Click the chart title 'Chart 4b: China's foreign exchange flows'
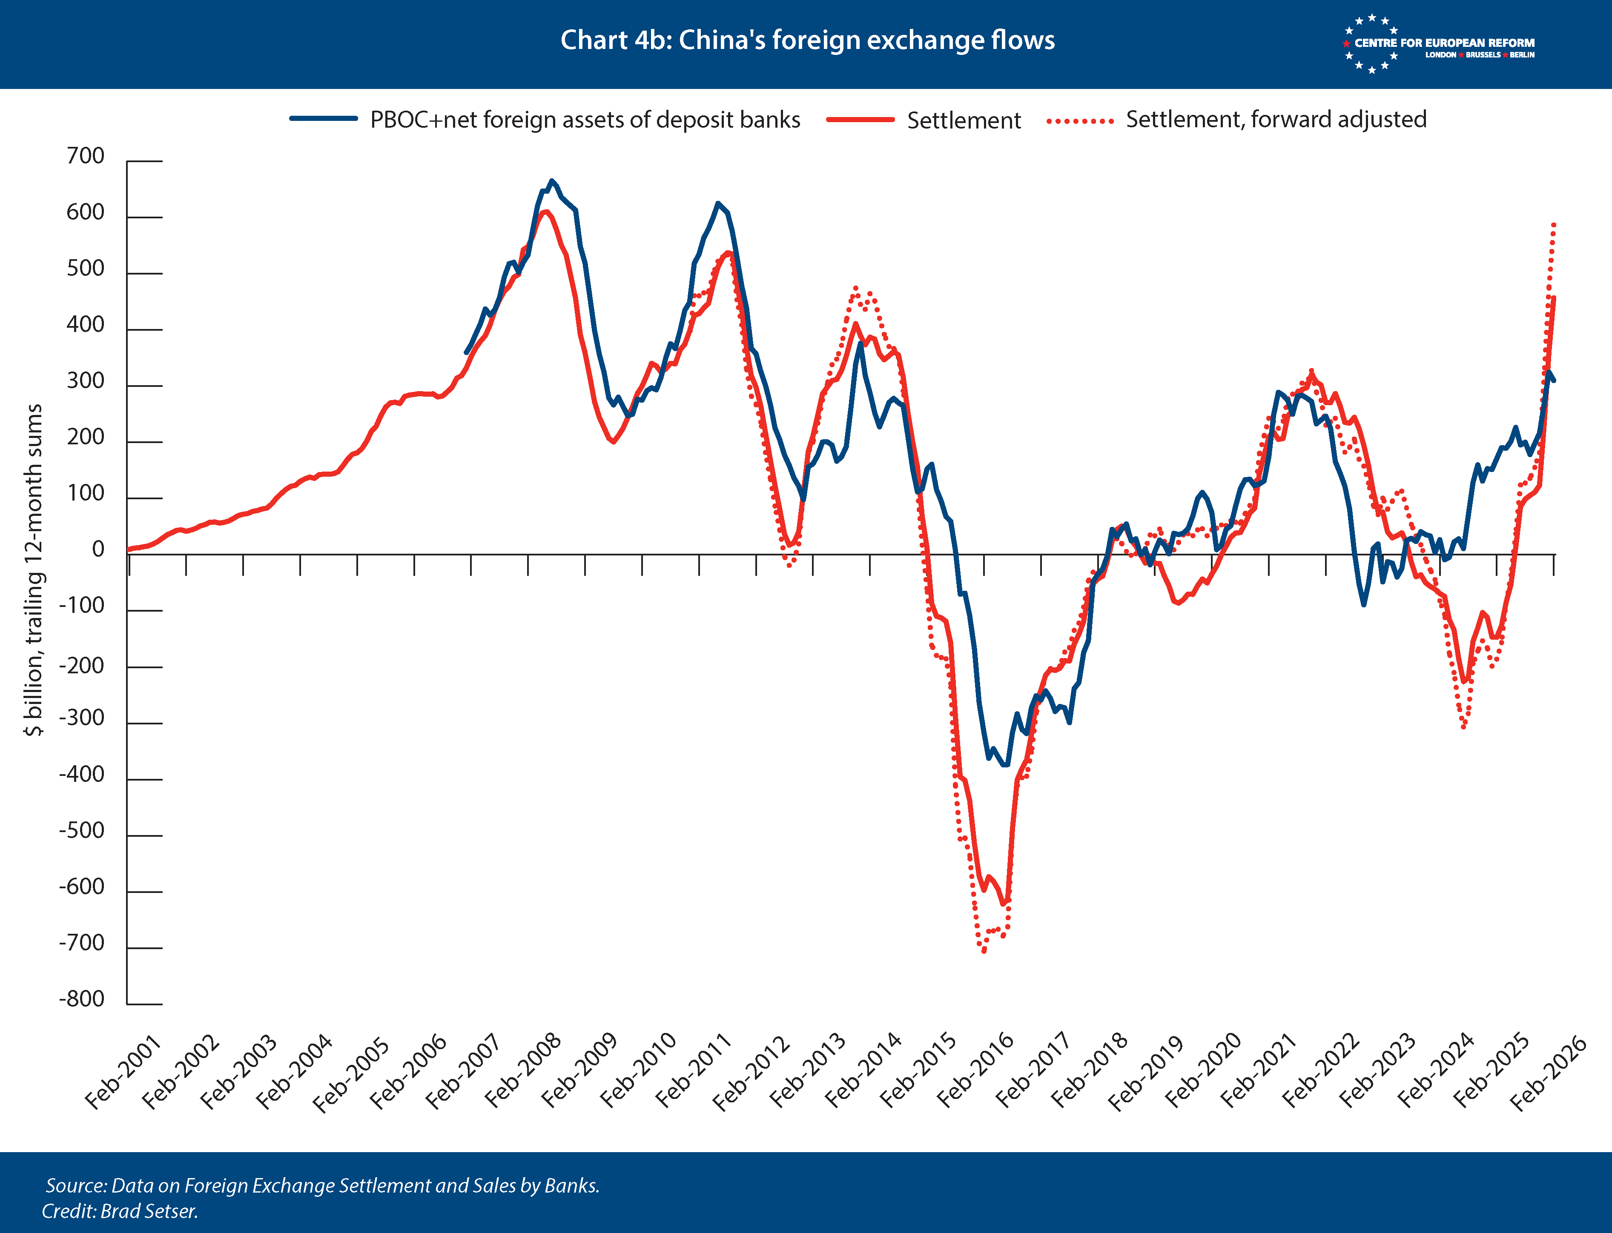[807, 40]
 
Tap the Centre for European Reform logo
[1439, 44]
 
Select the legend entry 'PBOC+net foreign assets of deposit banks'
[545, 120]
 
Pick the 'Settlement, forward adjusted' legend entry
[1237, 120]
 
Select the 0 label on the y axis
[98, 550]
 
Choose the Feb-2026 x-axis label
[1547, 1072]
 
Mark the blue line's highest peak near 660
[552, 180]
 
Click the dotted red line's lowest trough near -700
[984, 951]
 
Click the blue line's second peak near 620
[718, 203]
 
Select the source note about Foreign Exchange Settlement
[322, 1185]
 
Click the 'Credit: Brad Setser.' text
[120, 1211]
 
